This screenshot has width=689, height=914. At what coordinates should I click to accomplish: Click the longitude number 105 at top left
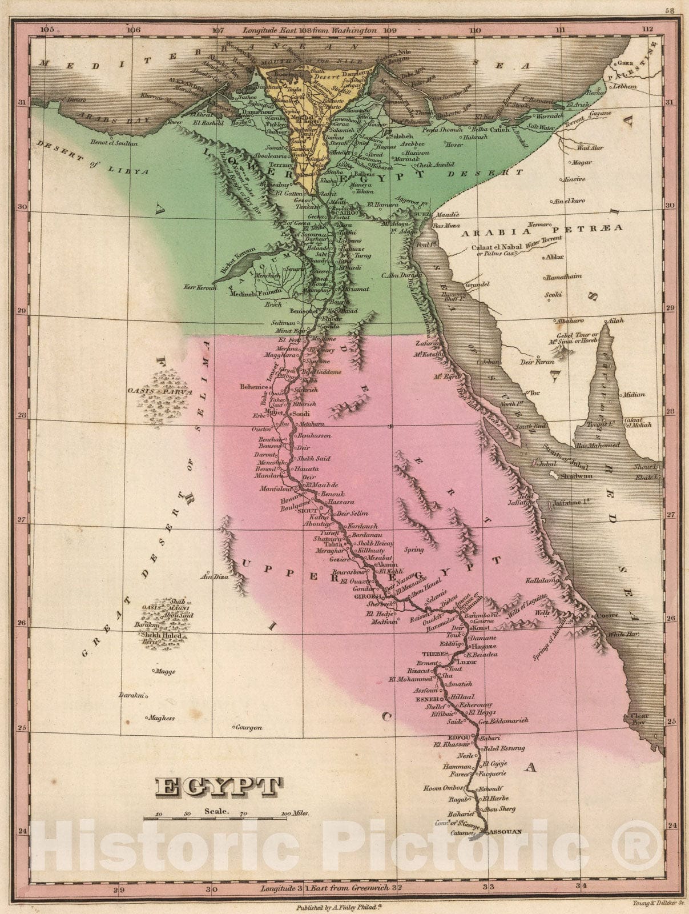click(x=47, y=30)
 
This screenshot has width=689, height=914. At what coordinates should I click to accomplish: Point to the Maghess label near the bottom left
click(x=161, y=718)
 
